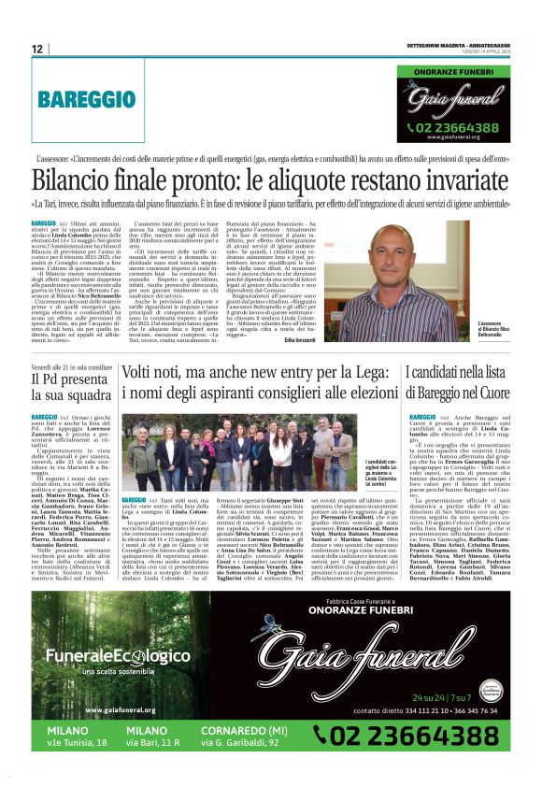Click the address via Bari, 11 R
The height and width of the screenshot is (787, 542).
coord(151,742)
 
